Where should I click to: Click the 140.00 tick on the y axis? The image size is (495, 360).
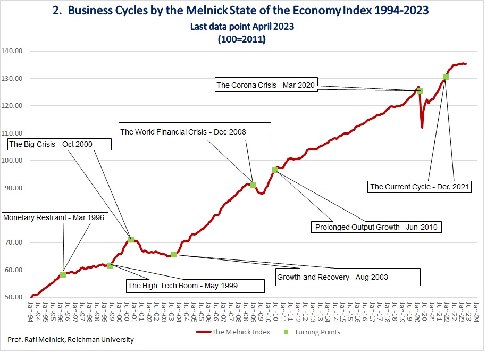pos(12,51)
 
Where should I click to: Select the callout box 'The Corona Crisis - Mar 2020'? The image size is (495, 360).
pos(266,85)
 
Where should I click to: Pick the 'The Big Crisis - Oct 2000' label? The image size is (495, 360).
pos(60,144)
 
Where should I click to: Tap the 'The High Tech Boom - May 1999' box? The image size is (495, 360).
pos(195,286)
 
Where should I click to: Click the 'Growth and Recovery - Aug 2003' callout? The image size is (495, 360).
pos(348,277)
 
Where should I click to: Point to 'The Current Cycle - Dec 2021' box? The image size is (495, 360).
pos(420,187)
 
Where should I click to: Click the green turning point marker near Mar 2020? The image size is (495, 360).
pos(420,91)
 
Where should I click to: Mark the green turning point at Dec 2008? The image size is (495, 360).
pos(253,185)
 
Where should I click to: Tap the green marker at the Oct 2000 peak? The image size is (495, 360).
pos(131,239)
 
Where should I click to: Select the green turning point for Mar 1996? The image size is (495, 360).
pos(63,274)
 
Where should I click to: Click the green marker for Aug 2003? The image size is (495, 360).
pos(173,254)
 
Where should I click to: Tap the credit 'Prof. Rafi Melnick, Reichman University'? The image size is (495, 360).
pos(71,340)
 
